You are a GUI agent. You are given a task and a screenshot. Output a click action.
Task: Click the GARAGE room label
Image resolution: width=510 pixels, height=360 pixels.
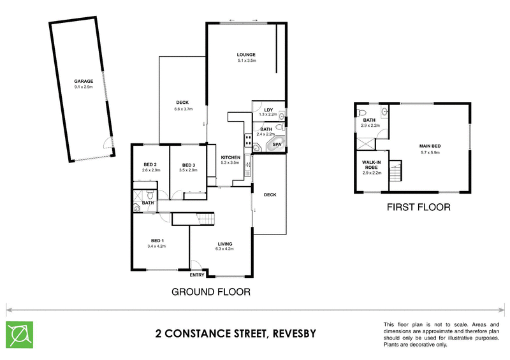point(84,81)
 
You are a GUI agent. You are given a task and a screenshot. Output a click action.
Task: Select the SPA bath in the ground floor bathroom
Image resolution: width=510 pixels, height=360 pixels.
point(277,145)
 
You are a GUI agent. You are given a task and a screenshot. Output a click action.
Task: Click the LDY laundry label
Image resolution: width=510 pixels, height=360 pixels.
point(268,110)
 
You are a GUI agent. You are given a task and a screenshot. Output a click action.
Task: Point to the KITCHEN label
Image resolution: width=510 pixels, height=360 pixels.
point(229,157)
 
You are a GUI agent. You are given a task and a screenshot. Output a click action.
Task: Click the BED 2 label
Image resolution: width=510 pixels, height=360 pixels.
point(150,165)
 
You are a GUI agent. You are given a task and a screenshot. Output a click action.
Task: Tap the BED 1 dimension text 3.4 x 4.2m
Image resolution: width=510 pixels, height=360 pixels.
point(156,246)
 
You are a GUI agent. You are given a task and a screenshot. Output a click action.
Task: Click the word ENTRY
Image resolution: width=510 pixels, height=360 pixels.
point(197,275)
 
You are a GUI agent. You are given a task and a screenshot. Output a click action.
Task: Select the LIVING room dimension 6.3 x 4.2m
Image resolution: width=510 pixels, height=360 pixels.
point(224,249)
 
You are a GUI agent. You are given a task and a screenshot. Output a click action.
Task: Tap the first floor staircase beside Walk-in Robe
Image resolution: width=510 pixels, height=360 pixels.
point(397,171)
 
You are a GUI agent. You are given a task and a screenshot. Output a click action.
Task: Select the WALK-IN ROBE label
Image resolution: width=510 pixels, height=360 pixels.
point(371,165)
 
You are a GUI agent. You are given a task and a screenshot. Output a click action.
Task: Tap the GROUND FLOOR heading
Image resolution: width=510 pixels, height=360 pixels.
point(210,292)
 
